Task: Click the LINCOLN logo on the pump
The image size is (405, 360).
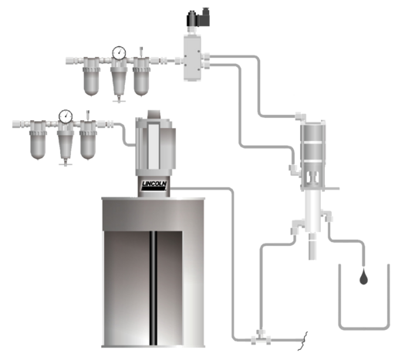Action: [x=154, y=186]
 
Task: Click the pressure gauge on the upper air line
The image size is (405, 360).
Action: [x=119, y=53]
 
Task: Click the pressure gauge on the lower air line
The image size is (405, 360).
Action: [x=66, y=116]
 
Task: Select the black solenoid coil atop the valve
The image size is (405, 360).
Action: [x=197, y=18]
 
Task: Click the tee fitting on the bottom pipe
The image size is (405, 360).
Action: [x=261, y=338]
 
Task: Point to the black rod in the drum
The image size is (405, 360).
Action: [x=154, y=288]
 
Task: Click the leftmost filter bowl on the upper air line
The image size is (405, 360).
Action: [x=92, y=76]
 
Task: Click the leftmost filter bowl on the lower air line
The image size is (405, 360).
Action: [x=39, y=140]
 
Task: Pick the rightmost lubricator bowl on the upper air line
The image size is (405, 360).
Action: [x=141, y=76]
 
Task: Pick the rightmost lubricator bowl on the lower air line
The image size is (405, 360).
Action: [x=88, y=140]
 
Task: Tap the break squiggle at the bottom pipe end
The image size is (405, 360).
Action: [x=303, y=341]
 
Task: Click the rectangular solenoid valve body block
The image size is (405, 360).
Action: [x=192, y=58]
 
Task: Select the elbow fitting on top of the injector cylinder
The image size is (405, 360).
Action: [x=301, y=116]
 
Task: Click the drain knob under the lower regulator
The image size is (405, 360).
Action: [x=66, y=163]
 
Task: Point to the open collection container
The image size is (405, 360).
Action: [x=364, y=297]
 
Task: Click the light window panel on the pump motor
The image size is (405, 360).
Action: [x=153, y=146]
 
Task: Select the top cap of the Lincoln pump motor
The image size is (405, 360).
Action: [x=156, y=115]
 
